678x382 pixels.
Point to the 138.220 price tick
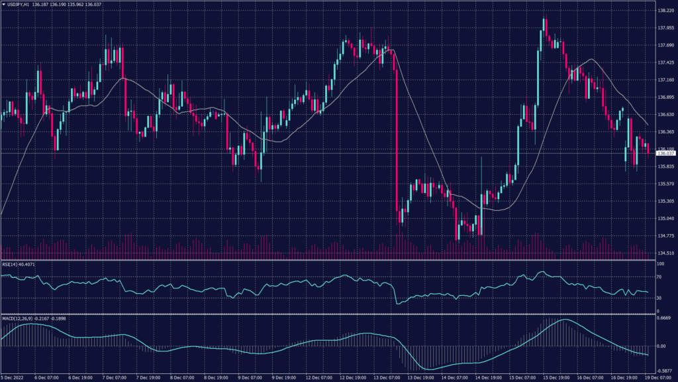coord(665,11)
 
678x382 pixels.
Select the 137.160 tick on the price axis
coord(665,80)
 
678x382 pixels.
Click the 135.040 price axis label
coord(665,218)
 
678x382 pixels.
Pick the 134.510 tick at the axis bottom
coord(665,253)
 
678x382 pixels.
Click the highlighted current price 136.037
coord(665,153)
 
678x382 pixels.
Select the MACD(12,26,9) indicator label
coord(19,318)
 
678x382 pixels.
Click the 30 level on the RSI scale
coord(659,298)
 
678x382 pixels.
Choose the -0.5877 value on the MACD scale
coord(664,371)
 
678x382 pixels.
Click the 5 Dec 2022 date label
coord(14,377)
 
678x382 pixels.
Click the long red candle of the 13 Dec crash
coord(396,133)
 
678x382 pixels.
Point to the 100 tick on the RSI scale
coord(660,263)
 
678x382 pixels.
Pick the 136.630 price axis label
coord(665,114)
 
